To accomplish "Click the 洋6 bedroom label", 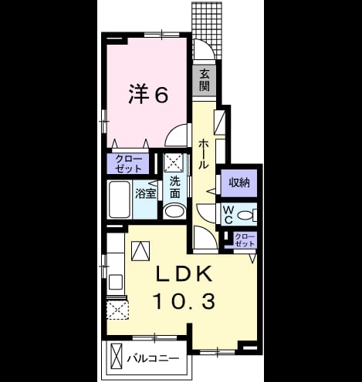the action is (148, 94).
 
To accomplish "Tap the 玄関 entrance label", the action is (205, 81).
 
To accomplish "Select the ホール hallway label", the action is (204, 154).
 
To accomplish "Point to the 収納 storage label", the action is (239, 183).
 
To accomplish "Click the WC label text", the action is (228, 215).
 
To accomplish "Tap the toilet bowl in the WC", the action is (245, 215).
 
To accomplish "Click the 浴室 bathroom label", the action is (145, 194).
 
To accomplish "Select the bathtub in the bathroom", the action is (120, 199).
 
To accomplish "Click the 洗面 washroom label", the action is (174, 187).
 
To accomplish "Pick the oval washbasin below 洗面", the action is (174, 211).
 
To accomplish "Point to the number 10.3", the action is (184, 301).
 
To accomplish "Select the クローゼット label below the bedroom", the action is (128, 163).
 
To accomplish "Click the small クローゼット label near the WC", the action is (245, 240).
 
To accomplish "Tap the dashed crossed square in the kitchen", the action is (117, 310).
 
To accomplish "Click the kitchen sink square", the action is (116, 282).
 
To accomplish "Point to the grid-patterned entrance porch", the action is (207, 30).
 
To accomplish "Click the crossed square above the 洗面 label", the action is (174, 163).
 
